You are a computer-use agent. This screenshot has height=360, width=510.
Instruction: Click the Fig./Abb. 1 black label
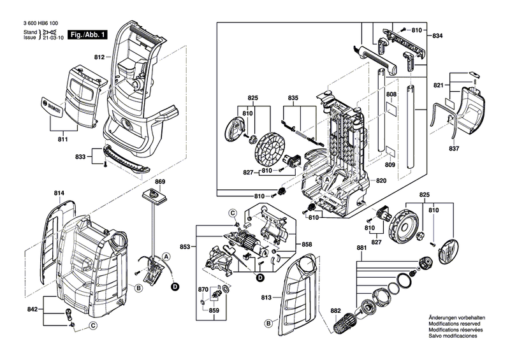pyautogui.click(x=87, y=35)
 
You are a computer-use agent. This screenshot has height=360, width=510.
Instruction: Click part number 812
pyautogui.click(x=99, y=57)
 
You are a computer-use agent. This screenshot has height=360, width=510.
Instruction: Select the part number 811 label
pyautogui.click(x=62, y=139)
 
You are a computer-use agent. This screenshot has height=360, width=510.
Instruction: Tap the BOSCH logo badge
pyautogui.click(x=52, y=106)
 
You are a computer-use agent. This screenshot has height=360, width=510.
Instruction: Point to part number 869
pyautogui.click(x=160, y=182)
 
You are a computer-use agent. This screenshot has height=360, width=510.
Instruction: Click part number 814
pyautogui.click(x=59, y=193)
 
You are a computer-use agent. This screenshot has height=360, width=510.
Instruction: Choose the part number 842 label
pyautogui.click(x=33, y=309)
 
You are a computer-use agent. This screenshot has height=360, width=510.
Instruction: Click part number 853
pyautogui.click(x=185, y=247)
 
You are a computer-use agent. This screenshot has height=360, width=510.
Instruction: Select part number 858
pyautogui.click(x=307, y=245)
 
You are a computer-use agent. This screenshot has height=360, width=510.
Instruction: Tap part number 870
pyautogui.click(x=203, y=290)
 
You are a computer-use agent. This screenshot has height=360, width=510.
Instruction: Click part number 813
pyautogui.click(x=266, y=298)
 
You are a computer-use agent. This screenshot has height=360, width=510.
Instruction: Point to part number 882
pyautogui.click(x=335, y=310)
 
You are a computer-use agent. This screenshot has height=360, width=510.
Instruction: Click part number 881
pyautogui.click(x=361, y=248)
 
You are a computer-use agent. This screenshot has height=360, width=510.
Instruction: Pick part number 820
pyautogui.click(x=381, y=181)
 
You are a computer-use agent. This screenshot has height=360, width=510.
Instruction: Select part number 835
pyautogui.click(x=293, y=97)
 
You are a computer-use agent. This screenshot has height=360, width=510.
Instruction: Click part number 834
pyautogui.click(x=437, y=36)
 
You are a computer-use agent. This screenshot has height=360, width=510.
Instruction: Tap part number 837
pyautogui.click(x=454, y=148)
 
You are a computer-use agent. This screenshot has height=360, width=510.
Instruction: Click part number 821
pyautogui.click(x=439, y=85)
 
